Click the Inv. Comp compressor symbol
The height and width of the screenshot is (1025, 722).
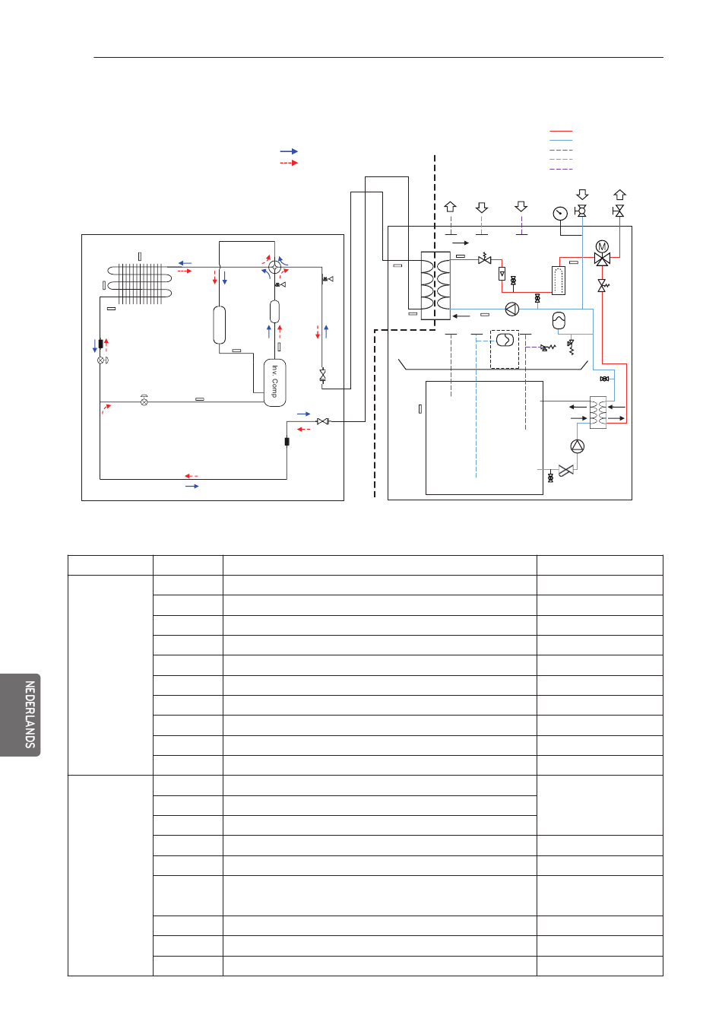point(274,382)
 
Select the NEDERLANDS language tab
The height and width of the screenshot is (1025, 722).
point(20,715)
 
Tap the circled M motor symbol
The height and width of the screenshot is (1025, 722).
point(602,246)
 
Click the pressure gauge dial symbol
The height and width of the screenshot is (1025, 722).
point(559,213)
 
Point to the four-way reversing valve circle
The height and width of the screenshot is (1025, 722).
point(274,267)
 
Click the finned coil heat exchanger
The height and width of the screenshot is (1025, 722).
point(140,284)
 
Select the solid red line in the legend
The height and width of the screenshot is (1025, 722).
point(561,132)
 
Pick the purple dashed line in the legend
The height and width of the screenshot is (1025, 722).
point(561,170)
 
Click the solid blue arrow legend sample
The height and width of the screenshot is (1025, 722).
point(289,151)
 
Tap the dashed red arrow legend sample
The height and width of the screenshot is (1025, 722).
point(289,163)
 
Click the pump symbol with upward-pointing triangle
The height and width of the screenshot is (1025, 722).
point(577,446)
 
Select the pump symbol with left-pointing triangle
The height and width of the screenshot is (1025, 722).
point(511,309)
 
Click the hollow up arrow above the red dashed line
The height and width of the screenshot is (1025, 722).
point(451,207)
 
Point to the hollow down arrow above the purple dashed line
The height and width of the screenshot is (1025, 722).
point(521,206)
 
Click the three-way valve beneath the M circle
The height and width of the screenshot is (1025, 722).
point(602,259)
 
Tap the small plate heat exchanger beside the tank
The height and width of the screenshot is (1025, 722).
point(597,412)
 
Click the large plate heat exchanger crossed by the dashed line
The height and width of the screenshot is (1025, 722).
point(435,286)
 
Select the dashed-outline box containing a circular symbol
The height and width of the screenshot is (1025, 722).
point(505,349)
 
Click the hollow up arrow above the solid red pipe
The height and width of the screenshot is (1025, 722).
point(619,195)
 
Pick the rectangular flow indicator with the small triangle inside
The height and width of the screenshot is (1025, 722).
point(502,274)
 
